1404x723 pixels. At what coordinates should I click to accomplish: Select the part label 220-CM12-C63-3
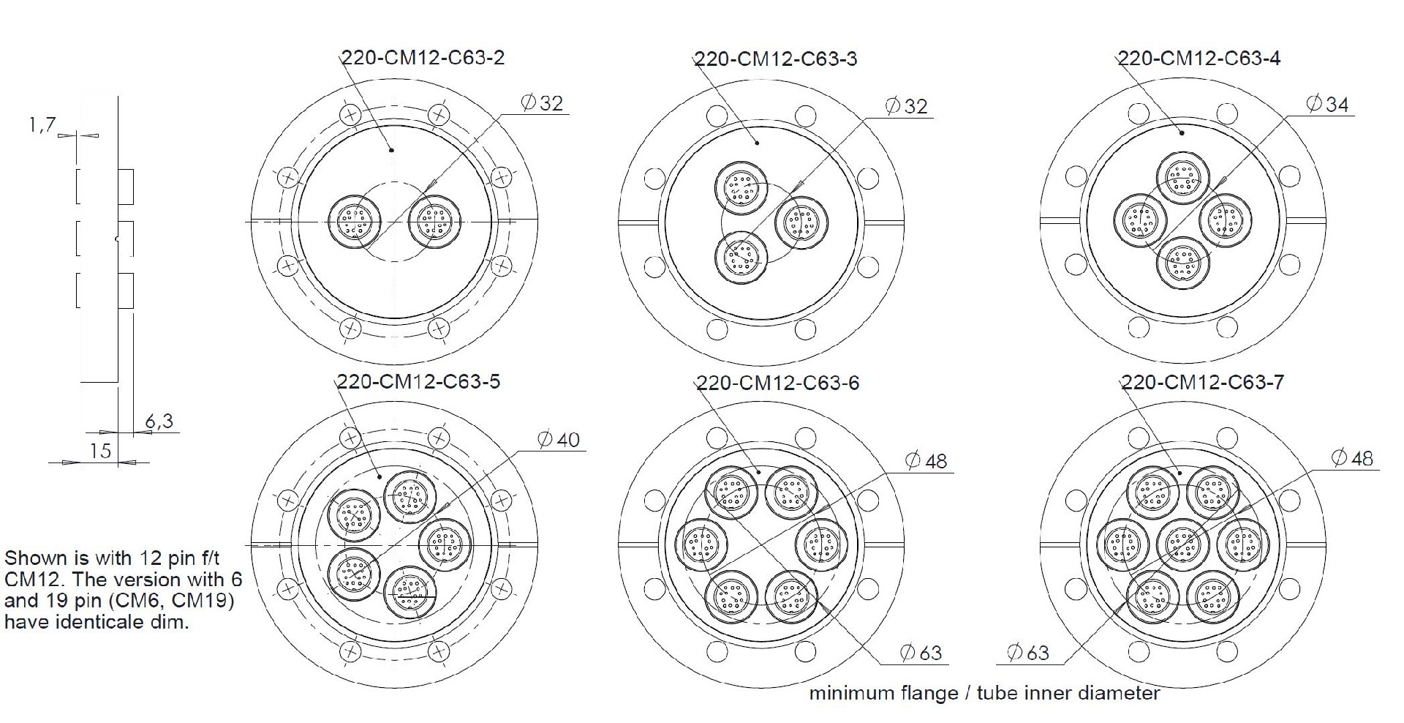776,59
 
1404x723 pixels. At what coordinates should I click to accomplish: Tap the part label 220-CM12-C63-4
1199,58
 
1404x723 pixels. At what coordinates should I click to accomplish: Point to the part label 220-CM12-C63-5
419,381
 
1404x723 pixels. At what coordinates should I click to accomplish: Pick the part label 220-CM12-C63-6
778,383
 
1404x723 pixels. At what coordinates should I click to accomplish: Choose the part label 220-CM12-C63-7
1203,382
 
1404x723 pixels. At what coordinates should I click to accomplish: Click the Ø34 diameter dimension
1327,105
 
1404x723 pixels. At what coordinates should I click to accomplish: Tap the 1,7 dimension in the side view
42,125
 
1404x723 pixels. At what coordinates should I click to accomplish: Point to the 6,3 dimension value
159,421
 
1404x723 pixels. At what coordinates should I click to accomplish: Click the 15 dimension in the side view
100,451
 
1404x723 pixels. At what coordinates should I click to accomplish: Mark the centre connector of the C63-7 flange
1182,545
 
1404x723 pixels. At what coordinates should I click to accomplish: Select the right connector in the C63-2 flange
434,220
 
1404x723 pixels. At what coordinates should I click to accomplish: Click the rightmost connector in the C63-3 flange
801,222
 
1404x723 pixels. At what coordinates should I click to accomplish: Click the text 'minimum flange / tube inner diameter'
984,693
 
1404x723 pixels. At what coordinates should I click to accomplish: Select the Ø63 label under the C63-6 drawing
921,652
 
